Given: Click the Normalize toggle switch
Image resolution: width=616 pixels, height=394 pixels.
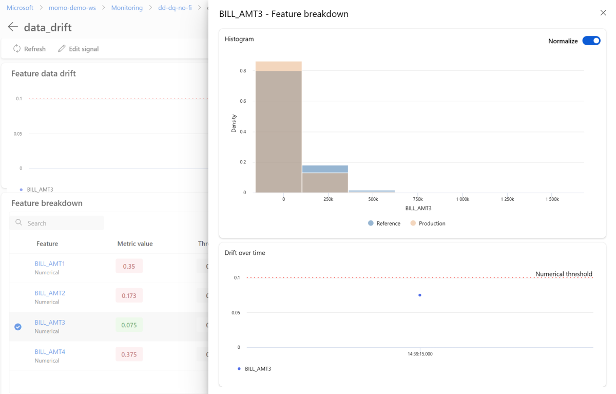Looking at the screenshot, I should coord(591,41).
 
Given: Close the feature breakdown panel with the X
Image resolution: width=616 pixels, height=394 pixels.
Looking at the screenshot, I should coord(603,13).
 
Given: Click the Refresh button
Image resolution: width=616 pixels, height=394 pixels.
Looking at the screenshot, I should coord(29,49).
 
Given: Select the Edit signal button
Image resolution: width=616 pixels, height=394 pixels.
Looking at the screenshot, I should coord(78,49).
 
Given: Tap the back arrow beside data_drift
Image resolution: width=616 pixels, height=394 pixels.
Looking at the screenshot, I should coord(13,27).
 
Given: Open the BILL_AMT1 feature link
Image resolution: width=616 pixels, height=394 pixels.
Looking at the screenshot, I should coord(50,264).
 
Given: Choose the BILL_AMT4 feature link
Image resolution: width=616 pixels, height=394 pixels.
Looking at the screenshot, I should coord(50,352).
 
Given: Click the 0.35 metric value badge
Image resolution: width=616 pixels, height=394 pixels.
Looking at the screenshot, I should coord(129,266).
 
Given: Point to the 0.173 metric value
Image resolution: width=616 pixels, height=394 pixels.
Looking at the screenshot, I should coord(129,295).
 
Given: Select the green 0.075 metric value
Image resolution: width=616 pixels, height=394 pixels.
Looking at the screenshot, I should coord(129,325).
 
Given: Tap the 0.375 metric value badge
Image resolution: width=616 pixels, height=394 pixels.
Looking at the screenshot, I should coord(129,354).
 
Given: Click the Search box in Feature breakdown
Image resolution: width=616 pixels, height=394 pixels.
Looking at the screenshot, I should coord(56,223).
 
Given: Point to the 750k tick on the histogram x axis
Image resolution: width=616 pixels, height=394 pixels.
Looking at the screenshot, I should coord(417,199).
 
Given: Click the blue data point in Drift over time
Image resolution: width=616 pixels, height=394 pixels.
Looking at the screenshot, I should coord(420,295).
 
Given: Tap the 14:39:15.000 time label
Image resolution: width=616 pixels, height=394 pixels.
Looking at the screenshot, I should coord(420,354).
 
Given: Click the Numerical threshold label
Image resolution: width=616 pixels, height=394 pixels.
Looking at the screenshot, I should coord(564,274).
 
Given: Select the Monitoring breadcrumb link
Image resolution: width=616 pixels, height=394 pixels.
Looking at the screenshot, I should coord(127,8).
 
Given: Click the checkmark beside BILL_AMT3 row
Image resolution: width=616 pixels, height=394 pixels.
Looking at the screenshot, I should coord(18,327).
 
